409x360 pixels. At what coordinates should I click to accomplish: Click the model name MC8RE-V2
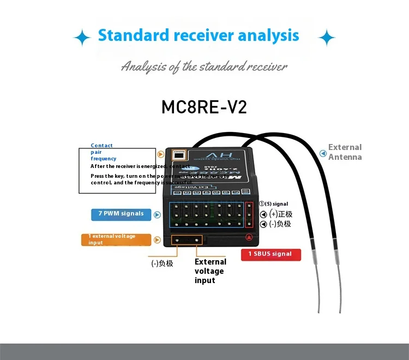(x=204, y=106)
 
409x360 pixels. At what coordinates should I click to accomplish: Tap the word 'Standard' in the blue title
(x=133, y=36)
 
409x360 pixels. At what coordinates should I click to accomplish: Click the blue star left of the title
(x=82, y=38)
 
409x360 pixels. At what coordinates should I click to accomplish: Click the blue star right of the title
(x=327, y=38)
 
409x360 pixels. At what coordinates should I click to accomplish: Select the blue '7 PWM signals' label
(x=121, y=214)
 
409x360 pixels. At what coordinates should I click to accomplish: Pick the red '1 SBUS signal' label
(x=270, y=254)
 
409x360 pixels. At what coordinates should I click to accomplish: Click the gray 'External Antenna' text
(x=345, y=152)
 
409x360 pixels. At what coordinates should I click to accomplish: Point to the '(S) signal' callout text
(x=276, y=204)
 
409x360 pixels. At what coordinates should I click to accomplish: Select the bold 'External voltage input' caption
(x=209, y=271)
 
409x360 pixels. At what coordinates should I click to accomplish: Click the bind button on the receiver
(x=178, y=155)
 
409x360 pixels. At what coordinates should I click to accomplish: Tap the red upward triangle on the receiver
(x=249, y=237)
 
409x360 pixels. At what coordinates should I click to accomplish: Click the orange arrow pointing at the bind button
(x=160, y=155)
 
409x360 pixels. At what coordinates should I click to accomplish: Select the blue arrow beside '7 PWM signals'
(x=157, y=214)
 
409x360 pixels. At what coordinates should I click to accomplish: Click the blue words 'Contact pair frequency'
(x=103, y=152)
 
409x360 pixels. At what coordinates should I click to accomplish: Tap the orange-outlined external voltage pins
(x=187, y=240)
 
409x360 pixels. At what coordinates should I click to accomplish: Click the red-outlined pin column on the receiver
(x=250, y=214)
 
